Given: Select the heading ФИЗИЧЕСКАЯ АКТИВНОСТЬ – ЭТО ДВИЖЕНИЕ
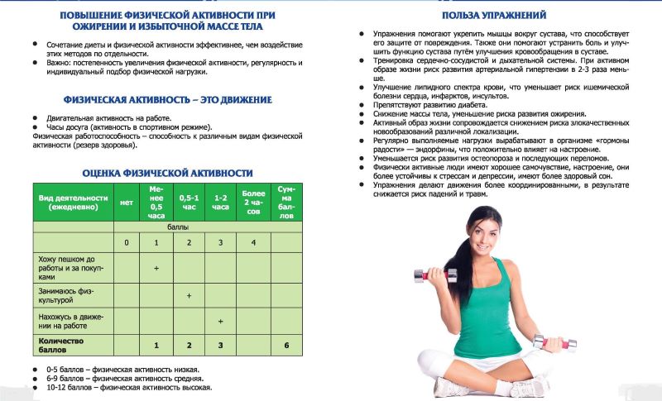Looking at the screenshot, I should click(x=167, y=100).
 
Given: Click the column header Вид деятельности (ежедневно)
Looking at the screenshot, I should click(x=74, y=203).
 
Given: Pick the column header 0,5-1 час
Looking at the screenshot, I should click(x=189, y=203).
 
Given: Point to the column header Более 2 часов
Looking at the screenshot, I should click(x=253, y=203).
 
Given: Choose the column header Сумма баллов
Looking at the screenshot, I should click(x=285, y=203).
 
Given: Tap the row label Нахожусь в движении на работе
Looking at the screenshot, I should click(x=72, y=321).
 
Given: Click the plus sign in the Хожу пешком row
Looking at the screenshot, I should click(x=156, y=268).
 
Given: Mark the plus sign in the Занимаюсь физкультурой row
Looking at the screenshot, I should click(x=189, y=294).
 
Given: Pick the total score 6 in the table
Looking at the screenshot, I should click(x=285, y=344).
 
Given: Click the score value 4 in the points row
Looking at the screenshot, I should click(x=253, y=242).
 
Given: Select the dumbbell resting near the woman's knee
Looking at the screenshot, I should click(x=549, y=342).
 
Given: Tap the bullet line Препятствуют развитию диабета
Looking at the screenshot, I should click(x=427, y=106).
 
